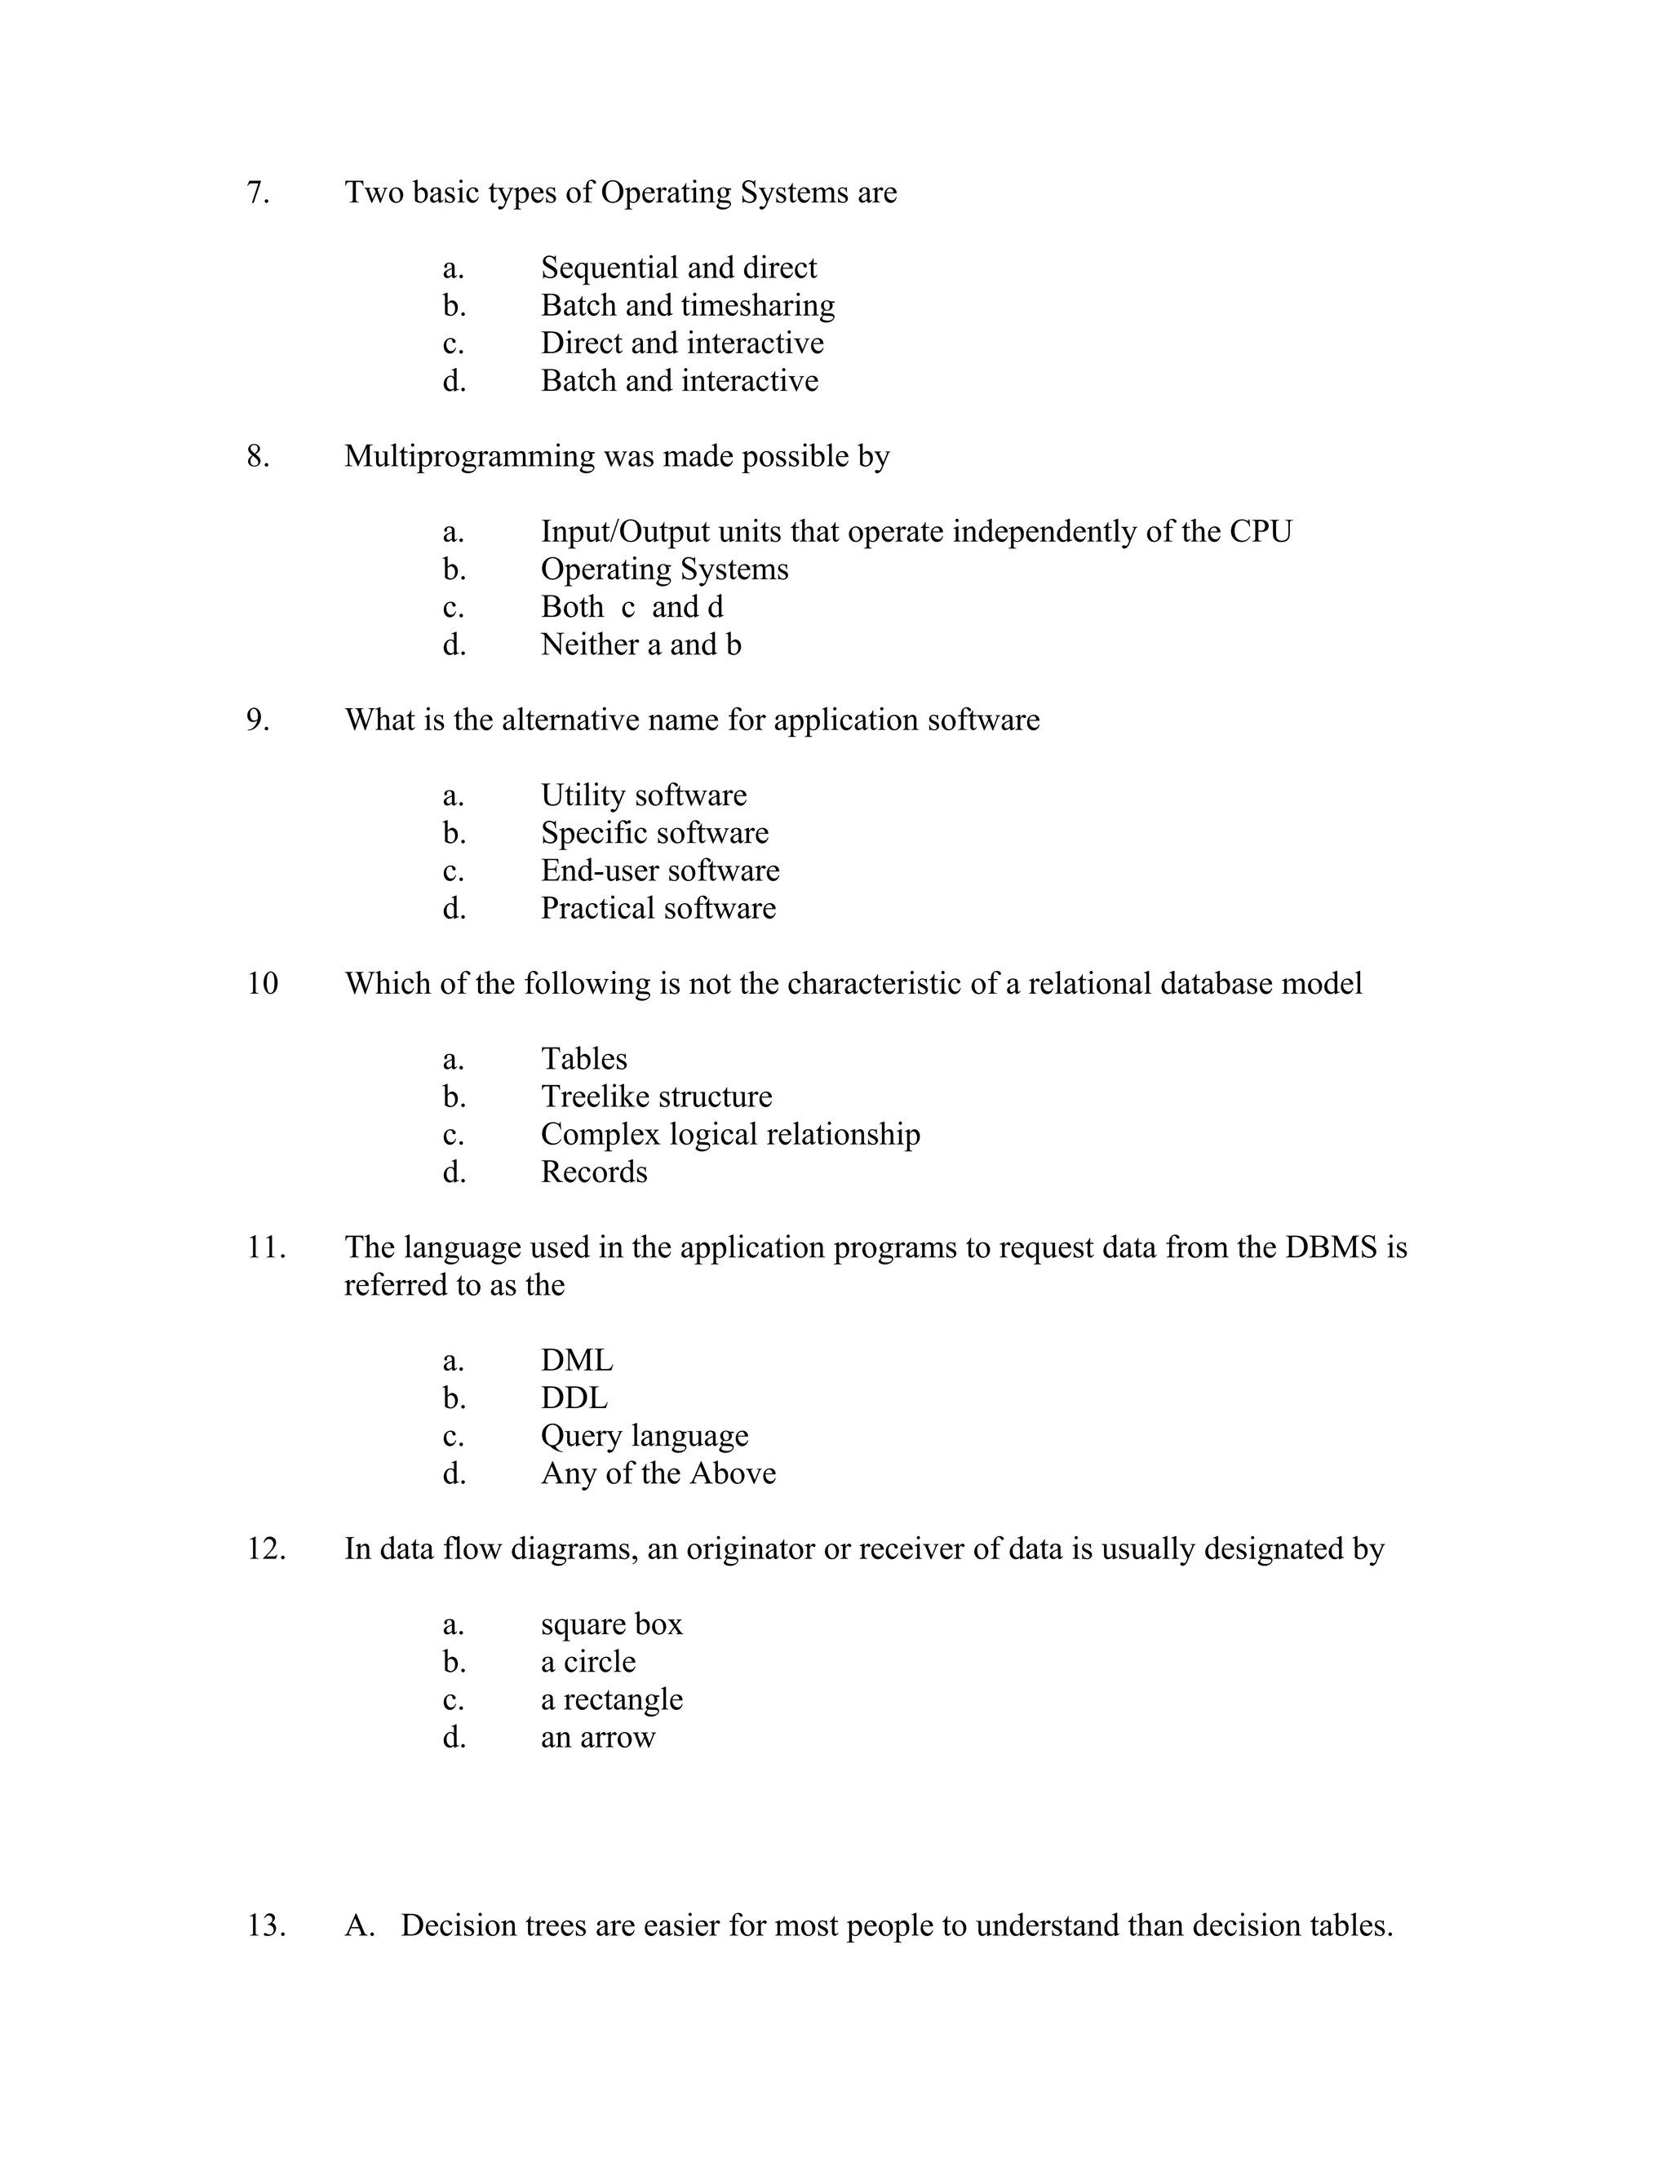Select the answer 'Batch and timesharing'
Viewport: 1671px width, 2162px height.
click(687, 306)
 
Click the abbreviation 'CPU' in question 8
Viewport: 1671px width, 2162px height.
click(1260, 533)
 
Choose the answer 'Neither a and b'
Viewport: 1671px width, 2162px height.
click(640, 645)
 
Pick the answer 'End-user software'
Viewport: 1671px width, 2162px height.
click(659, 871)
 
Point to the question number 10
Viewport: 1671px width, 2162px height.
click(263, 984)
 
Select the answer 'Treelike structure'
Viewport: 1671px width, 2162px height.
click(655, 1097)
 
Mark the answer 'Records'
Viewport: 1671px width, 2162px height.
click(594, 1172)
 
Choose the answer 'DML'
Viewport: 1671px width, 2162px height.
click(576, 1361)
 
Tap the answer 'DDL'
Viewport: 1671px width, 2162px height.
click(574, 1398)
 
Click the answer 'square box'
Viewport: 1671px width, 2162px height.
click(611, 1624)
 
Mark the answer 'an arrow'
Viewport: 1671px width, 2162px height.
click(598, 1737)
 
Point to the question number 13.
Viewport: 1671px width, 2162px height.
click(265, 1925)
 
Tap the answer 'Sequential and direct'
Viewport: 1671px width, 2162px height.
click(678, 268)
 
